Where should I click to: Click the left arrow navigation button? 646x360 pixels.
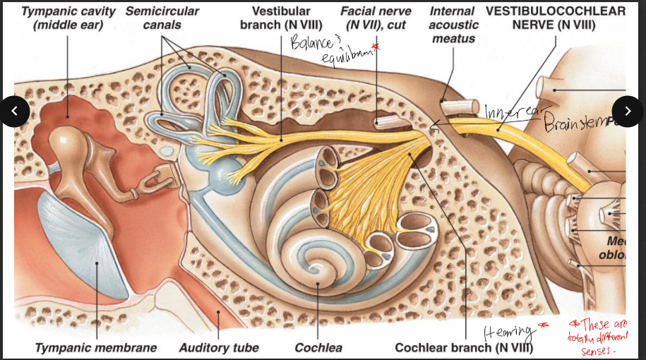click(x=15, y=111)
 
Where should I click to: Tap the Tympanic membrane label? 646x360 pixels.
click(x=96, y=348)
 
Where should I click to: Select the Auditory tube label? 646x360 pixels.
click(x=219, y=348)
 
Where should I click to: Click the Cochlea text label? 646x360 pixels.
click(x=318, y=348)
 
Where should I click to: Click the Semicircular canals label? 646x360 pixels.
click(x=162, y=18)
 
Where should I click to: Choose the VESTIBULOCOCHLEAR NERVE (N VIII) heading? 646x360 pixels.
click(x=556, y=18)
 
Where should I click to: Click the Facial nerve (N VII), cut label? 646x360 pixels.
click(x=375, y=18)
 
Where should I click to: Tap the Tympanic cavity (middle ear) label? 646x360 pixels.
click(x=67, y=18)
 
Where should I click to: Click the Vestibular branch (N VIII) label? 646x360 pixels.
click(x=281, y=18)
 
